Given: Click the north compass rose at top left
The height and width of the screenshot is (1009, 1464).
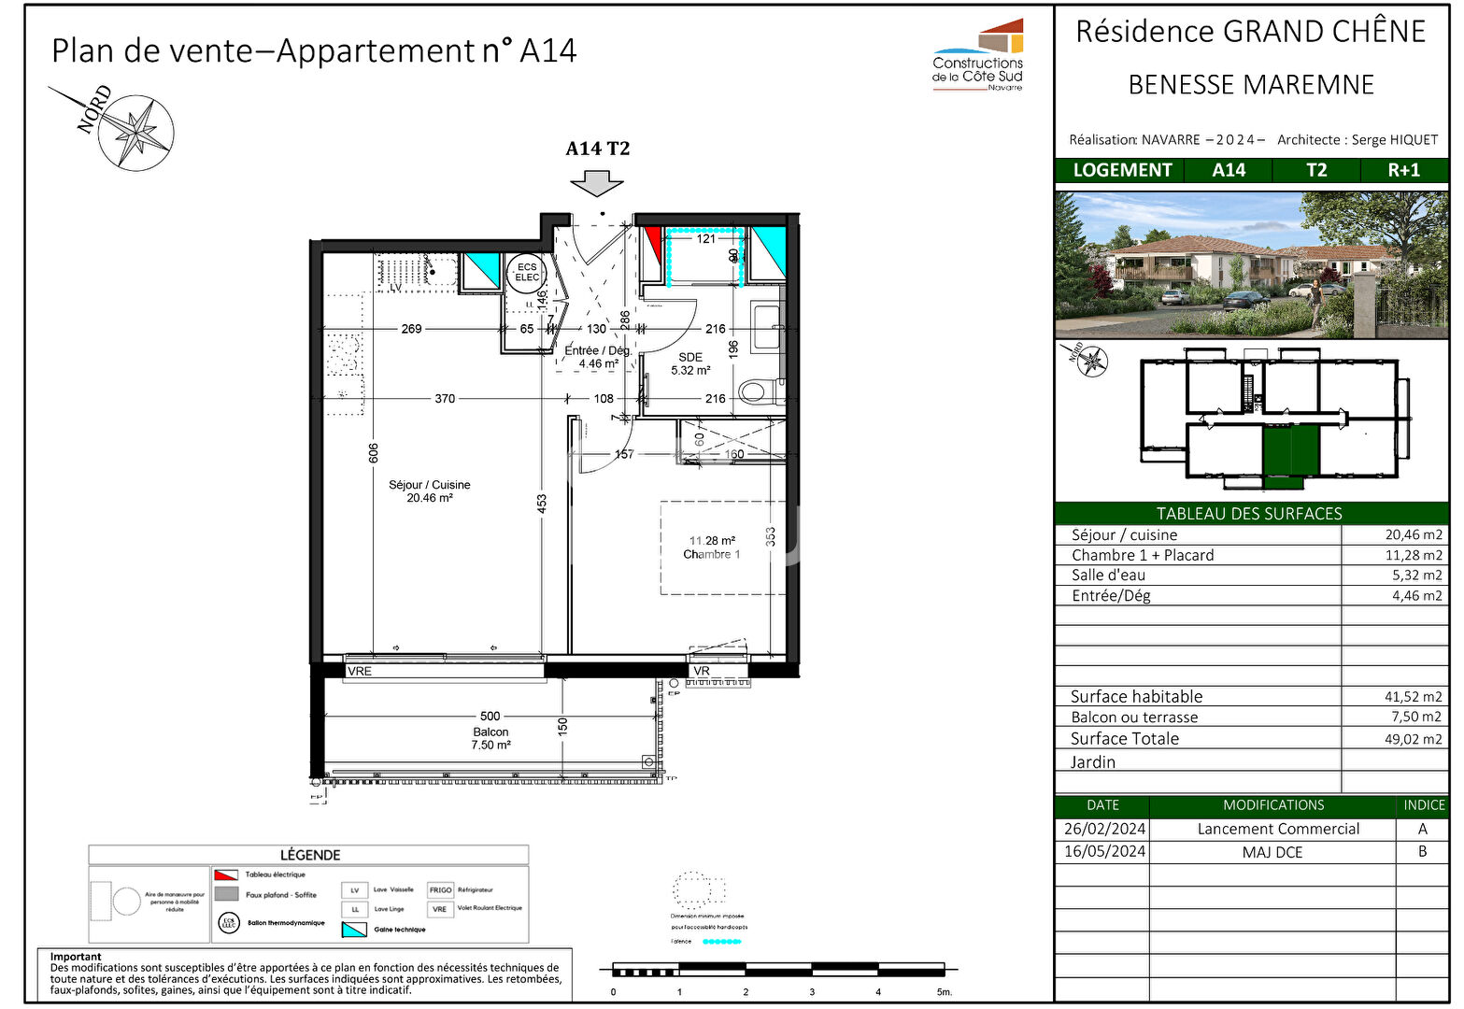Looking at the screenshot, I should coord(136,132).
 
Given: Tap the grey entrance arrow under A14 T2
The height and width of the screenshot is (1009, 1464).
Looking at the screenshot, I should coord(597,183).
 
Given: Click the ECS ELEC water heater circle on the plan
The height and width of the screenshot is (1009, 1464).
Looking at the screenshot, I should coord(527,272).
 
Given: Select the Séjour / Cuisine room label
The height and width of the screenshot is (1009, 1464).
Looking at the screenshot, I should coord(430,491).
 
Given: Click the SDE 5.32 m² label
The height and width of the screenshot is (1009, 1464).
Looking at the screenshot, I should coord(690,363).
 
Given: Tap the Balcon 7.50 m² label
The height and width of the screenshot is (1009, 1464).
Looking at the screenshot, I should coord(490,738).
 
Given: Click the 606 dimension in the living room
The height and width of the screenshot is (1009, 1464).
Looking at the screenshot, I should coord(374,453).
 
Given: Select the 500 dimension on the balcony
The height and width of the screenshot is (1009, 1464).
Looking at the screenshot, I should coord(490,716).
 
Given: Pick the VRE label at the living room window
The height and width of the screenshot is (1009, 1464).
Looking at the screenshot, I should coord(360,671).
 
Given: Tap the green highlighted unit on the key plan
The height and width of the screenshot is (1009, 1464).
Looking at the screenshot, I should coord(1290,449).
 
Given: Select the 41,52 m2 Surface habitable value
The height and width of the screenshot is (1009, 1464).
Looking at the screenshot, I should coord(1413,697).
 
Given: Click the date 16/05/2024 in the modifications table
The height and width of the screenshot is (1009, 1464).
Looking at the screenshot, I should coord(1103,851).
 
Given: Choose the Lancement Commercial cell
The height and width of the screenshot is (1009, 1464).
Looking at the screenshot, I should coord(1277,829).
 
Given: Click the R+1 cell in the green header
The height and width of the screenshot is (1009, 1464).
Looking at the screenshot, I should coord(1403,170).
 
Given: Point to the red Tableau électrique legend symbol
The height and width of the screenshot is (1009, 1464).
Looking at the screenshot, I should coord(226,875).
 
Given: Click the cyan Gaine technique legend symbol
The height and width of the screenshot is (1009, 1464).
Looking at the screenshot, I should coord(354,929).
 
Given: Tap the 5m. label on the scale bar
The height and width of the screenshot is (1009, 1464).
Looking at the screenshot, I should coord(944,992).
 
